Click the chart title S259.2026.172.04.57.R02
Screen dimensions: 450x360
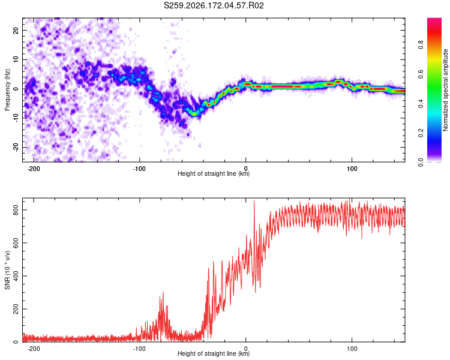click(214, 5)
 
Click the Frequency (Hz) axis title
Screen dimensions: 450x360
click(7, 90)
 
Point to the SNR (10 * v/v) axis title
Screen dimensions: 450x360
click(7, 270)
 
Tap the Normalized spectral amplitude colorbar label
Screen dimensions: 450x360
click(445, 90)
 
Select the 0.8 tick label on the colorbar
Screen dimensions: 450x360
click(421, 44)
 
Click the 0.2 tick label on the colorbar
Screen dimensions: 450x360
click(421, 133)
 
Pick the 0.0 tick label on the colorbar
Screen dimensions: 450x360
click(421, 162)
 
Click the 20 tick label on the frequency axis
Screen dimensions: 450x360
click(16, 30)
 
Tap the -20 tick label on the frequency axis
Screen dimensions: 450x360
click(16, 147)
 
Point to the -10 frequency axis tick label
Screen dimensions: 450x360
click(16, 118)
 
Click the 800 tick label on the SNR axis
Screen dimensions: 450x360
click(16, 210)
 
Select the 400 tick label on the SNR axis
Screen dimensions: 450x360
click(16, 276)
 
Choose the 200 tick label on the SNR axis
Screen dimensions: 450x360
click(16, 309)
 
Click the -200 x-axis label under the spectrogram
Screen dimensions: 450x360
click(34, 169)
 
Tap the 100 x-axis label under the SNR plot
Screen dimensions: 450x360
click(352, 349)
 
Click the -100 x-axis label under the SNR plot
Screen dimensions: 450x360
click(139, 349)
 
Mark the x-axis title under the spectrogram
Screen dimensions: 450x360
click(214, 173)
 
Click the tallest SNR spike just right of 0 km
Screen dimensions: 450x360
click(254, 201)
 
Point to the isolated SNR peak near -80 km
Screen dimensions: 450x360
click(163, 293)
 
